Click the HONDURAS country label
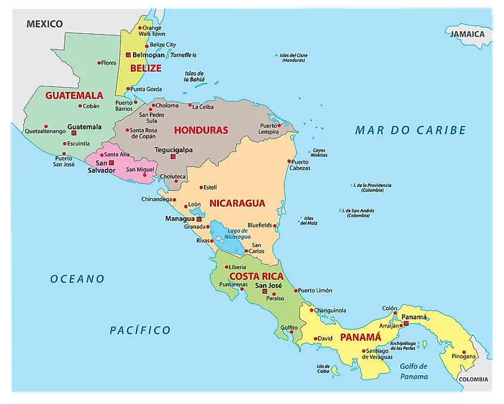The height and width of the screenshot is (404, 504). coord(201,130)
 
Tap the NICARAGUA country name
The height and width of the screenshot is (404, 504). coord(237,203)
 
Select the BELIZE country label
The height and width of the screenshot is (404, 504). coord(146,68)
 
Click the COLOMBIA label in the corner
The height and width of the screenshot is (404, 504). coord(473,380)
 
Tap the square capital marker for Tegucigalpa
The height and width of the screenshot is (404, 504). coord(174,157)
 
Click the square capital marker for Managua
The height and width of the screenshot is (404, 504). coord(199,219)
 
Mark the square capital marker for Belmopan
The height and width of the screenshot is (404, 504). coord(128,55)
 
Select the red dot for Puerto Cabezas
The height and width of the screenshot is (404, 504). coord(289,161)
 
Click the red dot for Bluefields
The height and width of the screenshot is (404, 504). coord(276,225)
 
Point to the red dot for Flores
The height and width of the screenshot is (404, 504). coord(99,63)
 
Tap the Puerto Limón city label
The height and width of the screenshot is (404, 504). coord(315,291)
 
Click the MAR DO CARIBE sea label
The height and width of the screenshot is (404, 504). coord(410,130)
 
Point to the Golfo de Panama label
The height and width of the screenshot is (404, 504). coord(414,371)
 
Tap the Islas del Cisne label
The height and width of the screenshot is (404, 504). coord(293,58)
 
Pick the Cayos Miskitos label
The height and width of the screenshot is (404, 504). coord(319,153)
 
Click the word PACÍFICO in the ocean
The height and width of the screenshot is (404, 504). coord(140,330)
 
